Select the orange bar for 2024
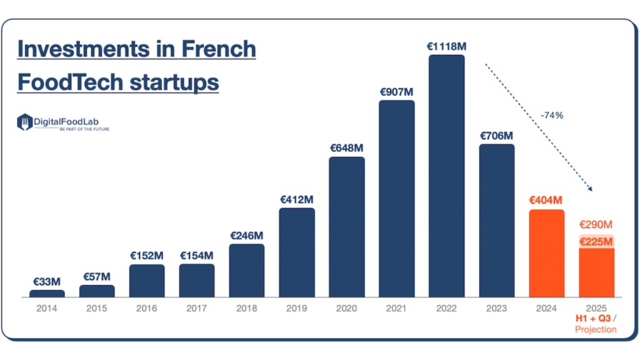[x=546, y=253]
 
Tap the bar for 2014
[x=47, y=293]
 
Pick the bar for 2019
[x=297, y=252]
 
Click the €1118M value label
[x=447, y=46]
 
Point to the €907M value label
[x=397, y=91]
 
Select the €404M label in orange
[x=546, y=201]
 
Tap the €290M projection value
[x=596, y=224]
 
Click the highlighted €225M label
[x=596, y=242]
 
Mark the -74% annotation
[x=552, y=115]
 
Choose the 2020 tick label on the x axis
[x=347, y=308]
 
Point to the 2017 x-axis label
[x=197, y=308]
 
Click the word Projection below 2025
[x=596, y=329]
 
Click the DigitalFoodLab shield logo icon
[x=24, y=122]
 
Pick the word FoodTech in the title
[x=65, y=82]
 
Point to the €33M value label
[x=47, y=282]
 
